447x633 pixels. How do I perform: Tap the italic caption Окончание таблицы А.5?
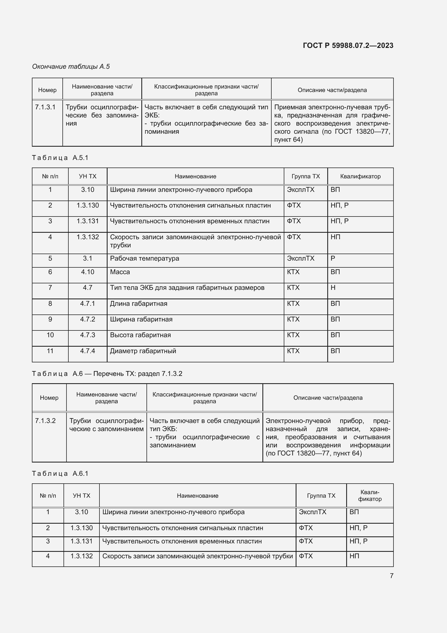[x=71, y=67]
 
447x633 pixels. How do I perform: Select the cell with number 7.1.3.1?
[x=45, y=107]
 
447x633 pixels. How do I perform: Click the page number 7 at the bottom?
[x=391, y=576]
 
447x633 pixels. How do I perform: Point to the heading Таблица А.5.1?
[x=60, y=158]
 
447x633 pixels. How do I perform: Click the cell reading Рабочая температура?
[x=145, y=259]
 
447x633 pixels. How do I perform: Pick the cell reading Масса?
[x=120, y=272]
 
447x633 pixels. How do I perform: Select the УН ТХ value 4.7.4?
[x=88, y=351]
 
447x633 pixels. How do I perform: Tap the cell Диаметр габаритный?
[x=143, y=351]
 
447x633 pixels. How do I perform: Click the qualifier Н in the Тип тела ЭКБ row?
[x=333, y=288]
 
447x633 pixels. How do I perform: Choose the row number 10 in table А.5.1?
[x=50, y=335]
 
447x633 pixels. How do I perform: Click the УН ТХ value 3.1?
[x=88, y=259]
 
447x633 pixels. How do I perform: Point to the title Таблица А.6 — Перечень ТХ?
[x=107, y=373]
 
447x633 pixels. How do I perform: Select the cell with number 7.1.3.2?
[x=45, y=421]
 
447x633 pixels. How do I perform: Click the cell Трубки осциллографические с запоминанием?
[x=106, y=425]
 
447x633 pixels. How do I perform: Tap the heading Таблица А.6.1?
[x=60, y=473]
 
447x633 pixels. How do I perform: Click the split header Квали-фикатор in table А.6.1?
[x=370, y=496]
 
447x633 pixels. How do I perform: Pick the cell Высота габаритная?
[x=140, y=335]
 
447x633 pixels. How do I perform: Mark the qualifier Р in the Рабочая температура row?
[x=333, y=259]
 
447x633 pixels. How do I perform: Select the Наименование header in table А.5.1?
[x=195, y=176]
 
